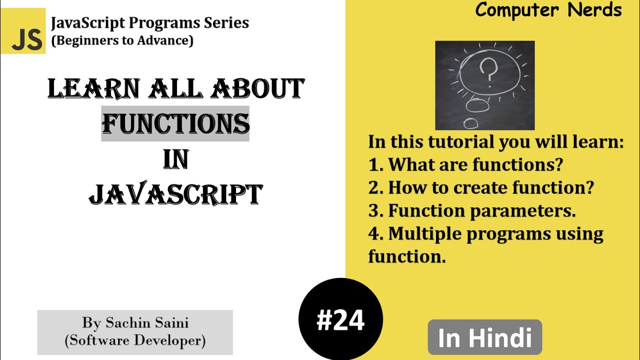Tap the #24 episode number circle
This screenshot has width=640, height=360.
(x=340, y=320)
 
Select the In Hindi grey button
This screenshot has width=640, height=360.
(x=484, y=337)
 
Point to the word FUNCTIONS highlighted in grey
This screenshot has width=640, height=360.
(x=175, y=123)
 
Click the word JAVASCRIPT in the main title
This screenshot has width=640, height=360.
(x=175, y=194)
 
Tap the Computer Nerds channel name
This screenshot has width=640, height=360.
(x=548, y=10)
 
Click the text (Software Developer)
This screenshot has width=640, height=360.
(x=135, y=340)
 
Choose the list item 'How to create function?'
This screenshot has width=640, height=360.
(x=490, y=187)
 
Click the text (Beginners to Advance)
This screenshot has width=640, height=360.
(x=122, y=40)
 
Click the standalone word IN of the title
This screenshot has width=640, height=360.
(x=175, y=159)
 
